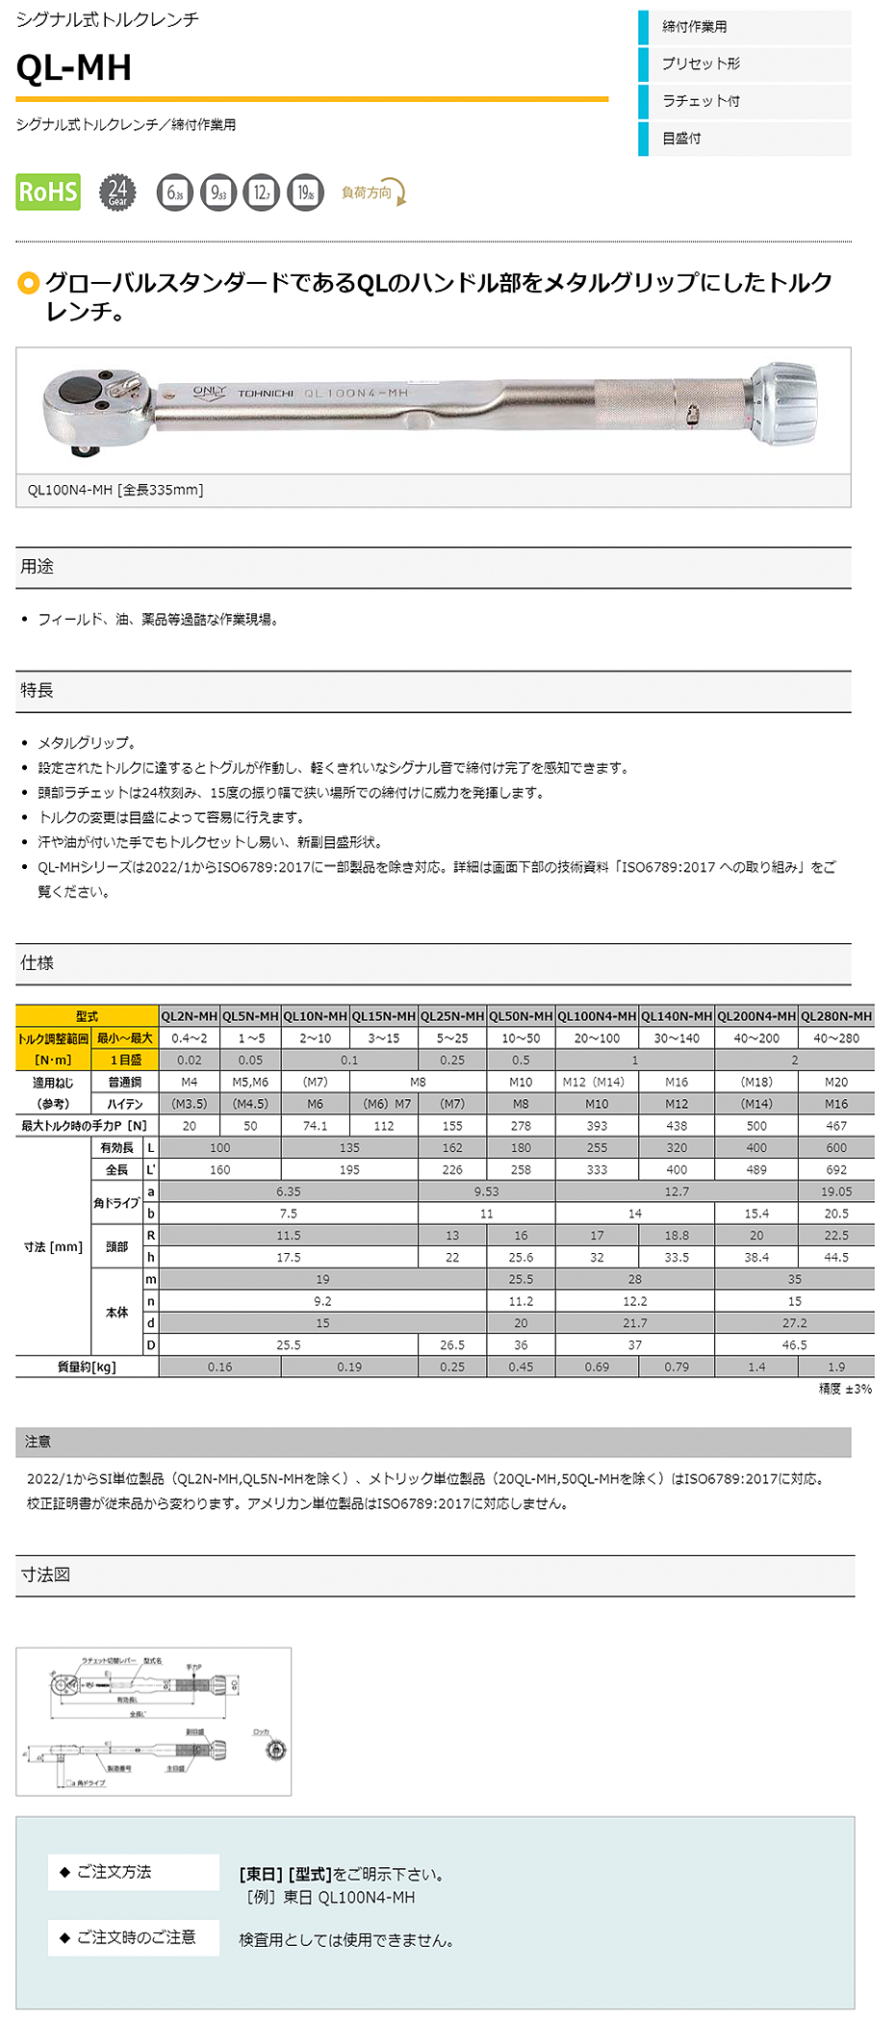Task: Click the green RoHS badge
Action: [x=48, y=192]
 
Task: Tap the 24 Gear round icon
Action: [x=117, y=192]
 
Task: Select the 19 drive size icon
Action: [x=305, y=192]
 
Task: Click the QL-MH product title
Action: [x=74, y=67]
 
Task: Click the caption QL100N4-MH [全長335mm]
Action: [x=115, y=490]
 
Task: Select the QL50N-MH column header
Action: [x=521, y=1016]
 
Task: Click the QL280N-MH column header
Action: [x=836, y=1016]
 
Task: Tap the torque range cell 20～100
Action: [x=597, y=1038]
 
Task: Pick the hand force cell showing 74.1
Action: [x=315, y=1126]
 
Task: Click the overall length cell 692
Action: [x=836, y=1170]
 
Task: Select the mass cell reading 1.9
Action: [x=836, y=1368]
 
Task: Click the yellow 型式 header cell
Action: [x=87, y=1016]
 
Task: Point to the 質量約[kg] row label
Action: [x=87, y=1368]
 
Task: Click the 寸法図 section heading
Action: [x=45, y=1575]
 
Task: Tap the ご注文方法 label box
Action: [x=134, y=1872]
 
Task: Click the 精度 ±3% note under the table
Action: [x=845, y=1389]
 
